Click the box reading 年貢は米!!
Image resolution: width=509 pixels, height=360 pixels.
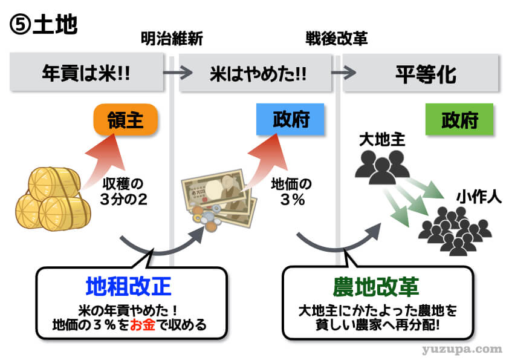[x=86, y=73]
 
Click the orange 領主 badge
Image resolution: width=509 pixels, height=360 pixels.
[x=126, y=120]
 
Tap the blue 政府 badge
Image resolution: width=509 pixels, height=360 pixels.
[x=291, y=119]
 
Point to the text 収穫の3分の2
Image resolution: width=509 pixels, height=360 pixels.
[x=125, y=192]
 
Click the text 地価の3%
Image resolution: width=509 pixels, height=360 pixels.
[x=290, y=193]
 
